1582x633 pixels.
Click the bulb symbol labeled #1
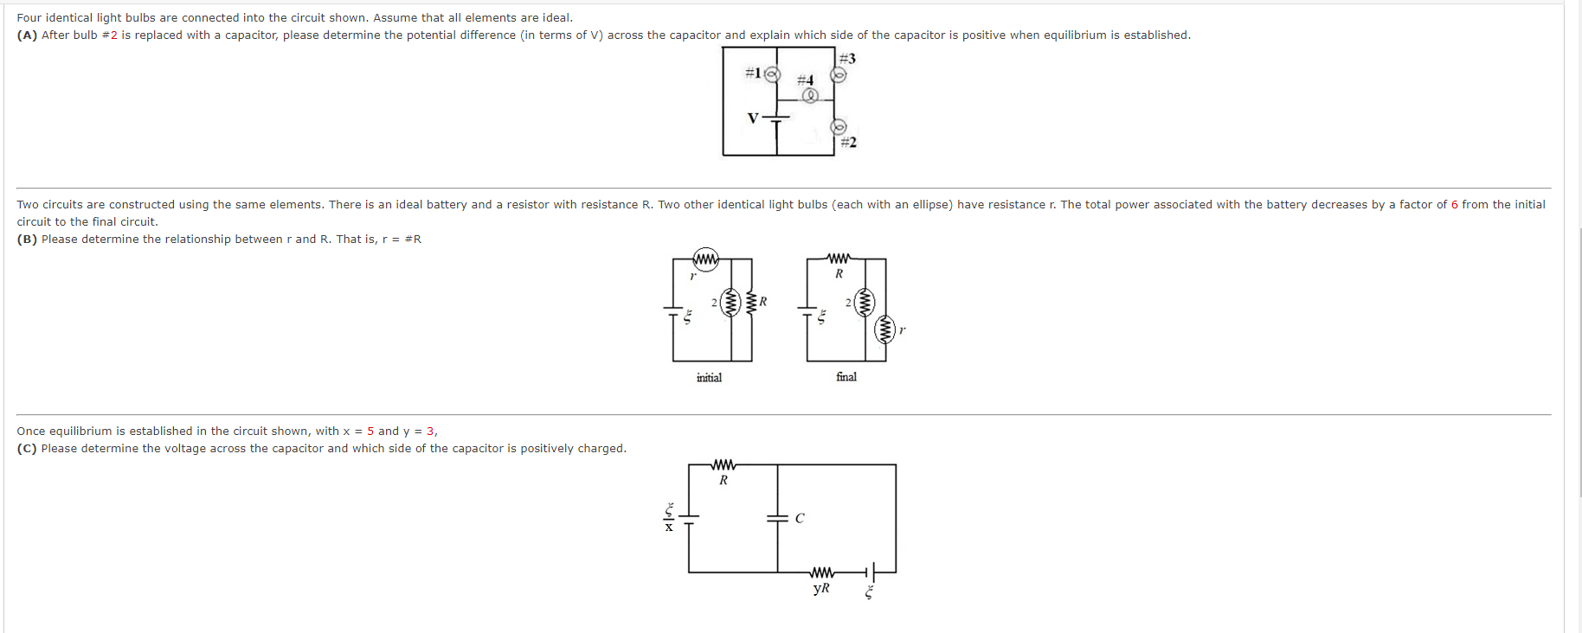coord(772,74)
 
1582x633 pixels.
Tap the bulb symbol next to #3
coord(839,75)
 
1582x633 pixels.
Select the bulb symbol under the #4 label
coord(810,96)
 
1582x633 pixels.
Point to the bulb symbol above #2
coord(839,127)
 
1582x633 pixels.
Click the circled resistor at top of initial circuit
coord(706,259)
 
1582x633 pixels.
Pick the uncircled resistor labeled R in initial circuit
coord(750,303)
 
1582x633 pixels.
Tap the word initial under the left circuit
coord(709,378)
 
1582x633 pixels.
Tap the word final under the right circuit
coord(846,377)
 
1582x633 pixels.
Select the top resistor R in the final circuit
coord(839,259)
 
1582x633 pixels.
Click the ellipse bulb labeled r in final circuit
coord(884,329)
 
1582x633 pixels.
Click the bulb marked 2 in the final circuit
coord(864,303)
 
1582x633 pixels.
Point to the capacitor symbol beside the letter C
coord(777,519)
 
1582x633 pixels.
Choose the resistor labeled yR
coord(822,572)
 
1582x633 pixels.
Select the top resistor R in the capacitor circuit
coord(723,465)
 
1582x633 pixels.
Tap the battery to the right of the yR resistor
coord(871,572)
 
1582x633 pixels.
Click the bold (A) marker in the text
coord(27,35)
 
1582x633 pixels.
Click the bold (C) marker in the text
coord(27,449)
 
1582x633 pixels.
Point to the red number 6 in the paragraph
coord(1455,205)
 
